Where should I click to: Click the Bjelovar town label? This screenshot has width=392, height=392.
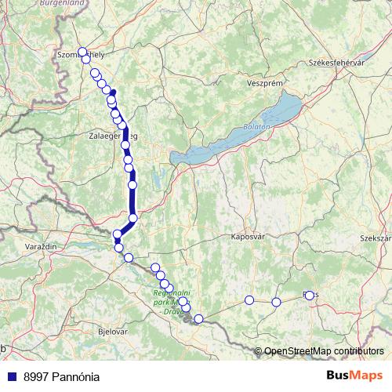(110, 332)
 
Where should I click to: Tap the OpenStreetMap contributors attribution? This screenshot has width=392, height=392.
(324, 350)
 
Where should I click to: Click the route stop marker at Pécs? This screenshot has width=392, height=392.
(309, 296)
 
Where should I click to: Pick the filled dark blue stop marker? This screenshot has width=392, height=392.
(113, 93)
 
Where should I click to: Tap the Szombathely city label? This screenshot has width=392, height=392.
(82, 56)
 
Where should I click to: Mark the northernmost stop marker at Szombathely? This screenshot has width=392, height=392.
(82, 52)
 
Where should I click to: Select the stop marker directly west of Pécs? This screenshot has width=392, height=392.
(276, 302)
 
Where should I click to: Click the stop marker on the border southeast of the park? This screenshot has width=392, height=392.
(198, 318)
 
